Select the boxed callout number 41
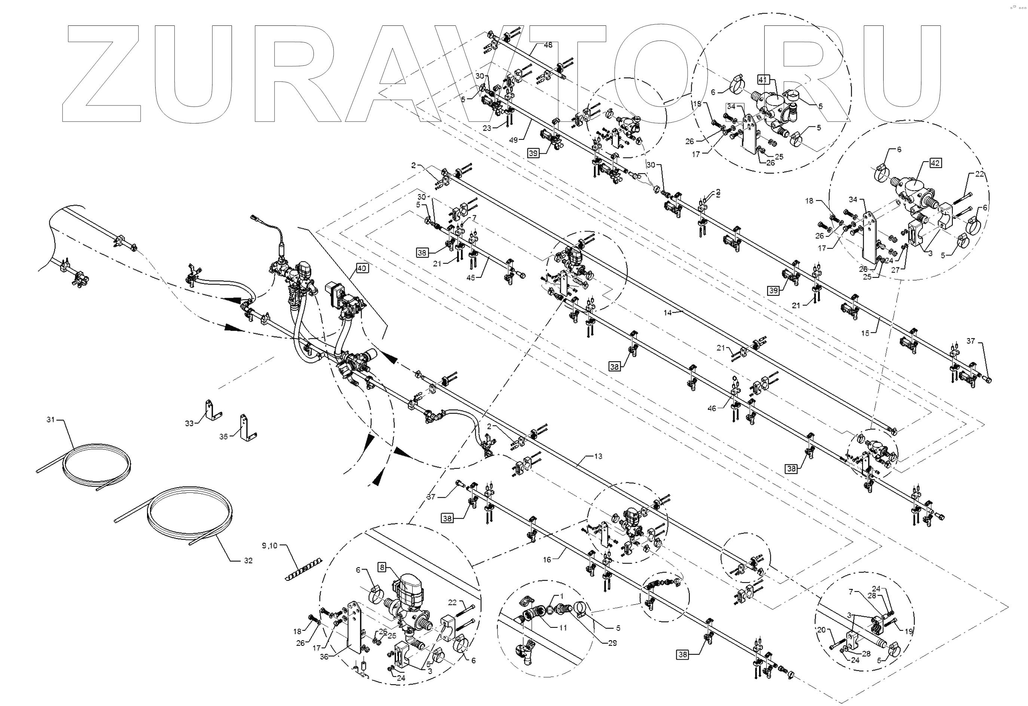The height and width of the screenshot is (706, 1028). coord(762,80)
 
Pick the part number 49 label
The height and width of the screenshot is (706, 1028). coord(513,140)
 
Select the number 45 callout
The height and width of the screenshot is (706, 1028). coord(471,278)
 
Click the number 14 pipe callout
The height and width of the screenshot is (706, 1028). coord(667,313)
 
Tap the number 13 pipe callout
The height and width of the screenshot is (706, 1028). coord(598,456)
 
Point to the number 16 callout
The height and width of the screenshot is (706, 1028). coord(547,559)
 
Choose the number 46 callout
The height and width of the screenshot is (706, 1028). coord(712,408)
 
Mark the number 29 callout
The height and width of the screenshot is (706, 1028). coord(612,643)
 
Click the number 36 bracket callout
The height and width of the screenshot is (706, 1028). coord(324,657)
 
